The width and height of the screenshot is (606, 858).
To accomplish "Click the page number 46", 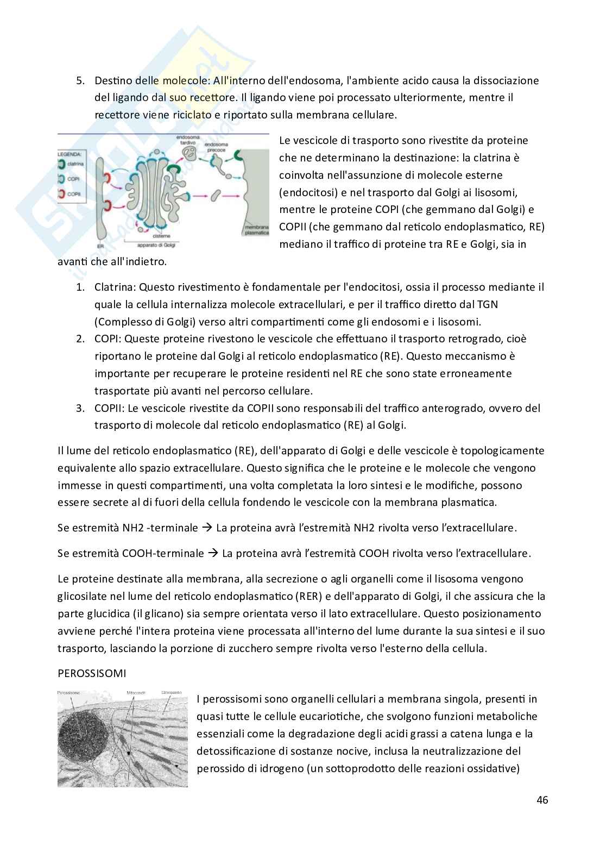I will pyautogui.click(x=541, y=800).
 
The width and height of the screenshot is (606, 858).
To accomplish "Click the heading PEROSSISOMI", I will pyautogui.click(x=92, y=673).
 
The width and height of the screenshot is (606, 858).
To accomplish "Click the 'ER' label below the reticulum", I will pyautogui.click(x=100, y=246).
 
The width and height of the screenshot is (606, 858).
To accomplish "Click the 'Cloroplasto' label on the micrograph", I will pyautogui.click(x=172, y=693).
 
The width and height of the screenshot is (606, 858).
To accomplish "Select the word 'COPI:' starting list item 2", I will pyautogui.click(x=108, y=339).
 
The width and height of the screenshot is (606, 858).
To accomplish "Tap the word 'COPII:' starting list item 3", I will pyautogui.click(x=110, y=408).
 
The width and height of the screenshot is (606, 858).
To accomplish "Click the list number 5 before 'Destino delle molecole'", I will pyautogui.click(x=80, y=80).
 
